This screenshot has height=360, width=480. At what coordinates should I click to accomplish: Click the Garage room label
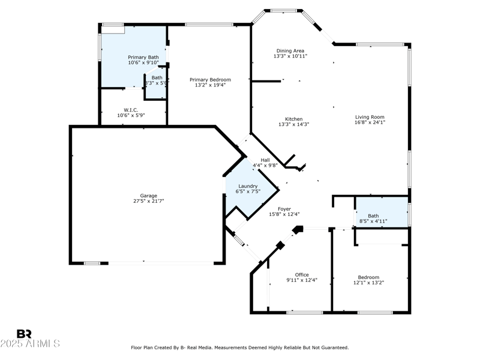point(149,196)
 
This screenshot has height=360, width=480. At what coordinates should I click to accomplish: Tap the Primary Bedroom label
point(210,80)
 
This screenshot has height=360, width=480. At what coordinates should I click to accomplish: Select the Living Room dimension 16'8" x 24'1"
point(370,123)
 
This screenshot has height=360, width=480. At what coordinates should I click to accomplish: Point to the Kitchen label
point(294,119)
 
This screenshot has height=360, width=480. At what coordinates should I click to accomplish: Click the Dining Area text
point(290,50)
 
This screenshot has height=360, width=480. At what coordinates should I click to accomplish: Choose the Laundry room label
point(248,186)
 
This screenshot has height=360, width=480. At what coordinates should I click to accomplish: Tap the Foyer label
point(284,209)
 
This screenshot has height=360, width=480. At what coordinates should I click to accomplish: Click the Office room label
point(302,275)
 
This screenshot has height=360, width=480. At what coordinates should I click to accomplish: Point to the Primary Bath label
point(143,57)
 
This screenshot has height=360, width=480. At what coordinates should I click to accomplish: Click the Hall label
point(265,160)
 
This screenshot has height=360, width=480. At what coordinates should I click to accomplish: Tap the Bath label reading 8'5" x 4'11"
point(373,221)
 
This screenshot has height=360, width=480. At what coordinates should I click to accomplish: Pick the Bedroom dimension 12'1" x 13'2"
point(368,283)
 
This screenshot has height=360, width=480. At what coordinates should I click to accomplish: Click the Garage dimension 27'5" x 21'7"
point(149,202)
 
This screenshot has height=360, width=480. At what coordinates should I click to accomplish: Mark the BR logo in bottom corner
point(25,334)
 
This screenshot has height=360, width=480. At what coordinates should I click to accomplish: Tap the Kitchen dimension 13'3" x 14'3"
point(294,125)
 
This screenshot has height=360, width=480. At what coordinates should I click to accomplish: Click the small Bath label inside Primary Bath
point(157,77)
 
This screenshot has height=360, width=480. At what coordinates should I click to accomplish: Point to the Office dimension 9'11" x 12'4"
point(302,280)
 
